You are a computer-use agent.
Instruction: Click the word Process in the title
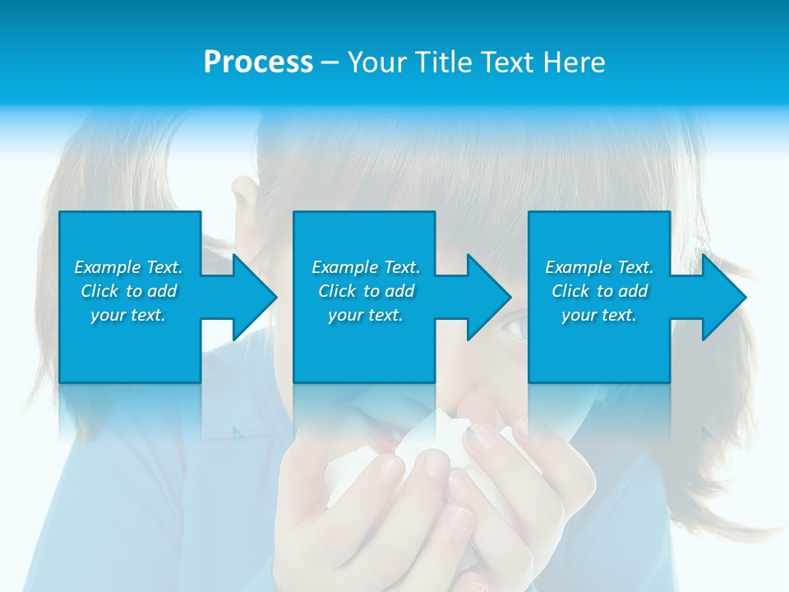point(258,62)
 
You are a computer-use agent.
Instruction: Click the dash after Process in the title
point(330,62)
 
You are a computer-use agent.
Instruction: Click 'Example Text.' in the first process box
point(128,267)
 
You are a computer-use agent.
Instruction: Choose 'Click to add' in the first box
point(128,291)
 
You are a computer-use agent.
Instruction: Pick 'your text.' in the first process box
point(128,315)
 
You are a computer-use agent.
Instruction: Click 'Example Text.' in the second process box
point(366,267)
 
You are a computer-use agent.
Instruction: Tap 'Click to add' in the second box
point(366,291)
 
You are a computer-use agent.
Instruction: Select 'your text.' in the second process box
point(366,315)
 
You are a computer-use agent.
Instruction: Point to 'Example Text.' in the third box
point(599,267)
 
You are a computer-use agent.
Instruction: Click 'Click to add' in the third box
point(599,291)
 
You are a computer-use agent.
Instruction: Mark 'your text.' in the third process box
point(599,315)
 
